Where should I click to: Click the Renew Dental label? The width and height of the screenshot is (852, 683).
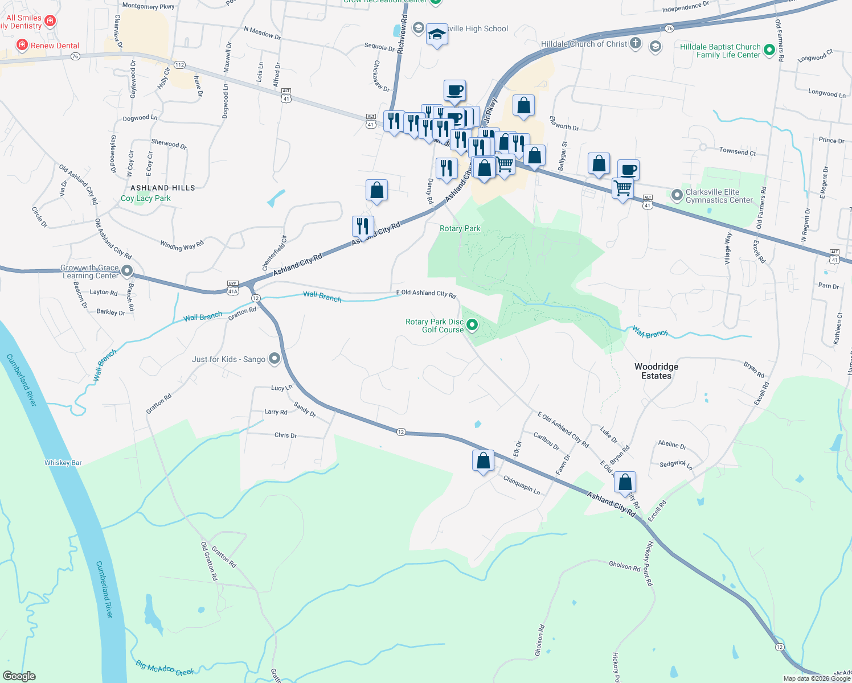point(55,46)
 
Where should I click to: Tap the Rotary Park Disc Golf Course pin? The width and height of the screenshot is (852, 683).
point(472,325)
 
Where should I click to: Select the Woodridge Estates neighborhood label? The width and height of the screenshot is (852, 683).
point(656,371)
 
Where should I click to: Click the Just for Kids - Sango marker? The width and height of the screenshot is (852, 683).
point(275,359)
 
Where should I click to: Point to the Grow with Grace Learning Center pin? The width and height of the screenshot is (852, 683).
point(127,271)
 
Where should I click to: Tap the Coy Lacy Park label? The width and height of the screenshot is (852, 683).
point(146,198)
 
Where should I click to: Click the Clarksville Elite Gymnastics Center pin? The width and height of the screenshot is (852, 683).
point(677,195)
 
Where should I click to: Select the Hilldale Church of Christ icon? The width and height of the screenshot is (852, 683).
point(636,43)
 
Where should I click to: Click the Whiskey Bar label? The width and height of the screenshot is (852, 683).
point(63,463)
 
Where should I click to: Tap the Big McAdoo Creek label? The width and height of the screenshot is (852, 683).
point(165,668)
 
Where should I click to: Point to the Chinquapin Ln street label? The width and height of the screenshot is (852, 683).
point(522,485)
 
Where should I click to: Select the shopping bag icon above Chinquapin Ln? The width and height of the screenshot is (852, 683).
point(483,460)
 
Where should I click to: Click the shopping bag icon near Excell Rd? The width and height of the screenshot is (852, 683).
point(625,482)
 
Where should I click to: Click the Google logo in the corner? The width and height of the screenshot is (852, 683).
point(19,676)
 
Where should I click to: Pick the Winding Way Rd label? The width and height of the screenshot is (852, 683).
point(182,245)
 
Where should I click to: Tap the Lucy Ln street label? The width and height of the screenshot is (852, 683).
point(281,388)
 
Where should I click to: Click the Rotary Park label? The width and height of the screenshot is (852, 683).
point(460,228)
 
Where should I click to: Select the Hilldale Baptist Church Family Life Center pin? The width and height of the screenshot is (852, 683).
point(769,50)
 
